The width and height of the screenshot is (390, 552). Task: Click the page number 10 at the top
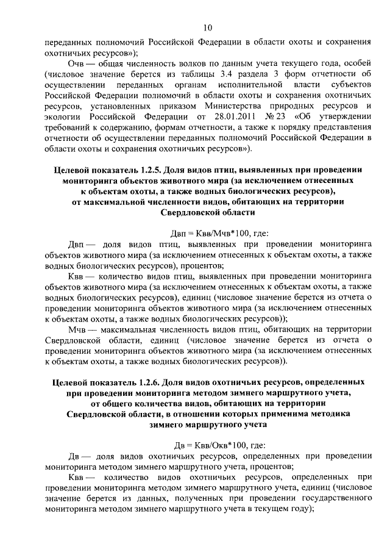207,27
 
